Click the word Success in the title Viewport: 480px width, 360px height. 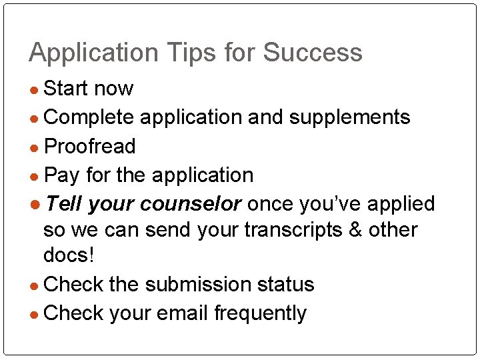[x=313, y=53]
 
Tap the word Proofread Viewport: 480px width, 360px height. [x=89, y=146]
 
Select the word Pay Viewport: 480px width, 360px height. [x=61, y=175]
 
